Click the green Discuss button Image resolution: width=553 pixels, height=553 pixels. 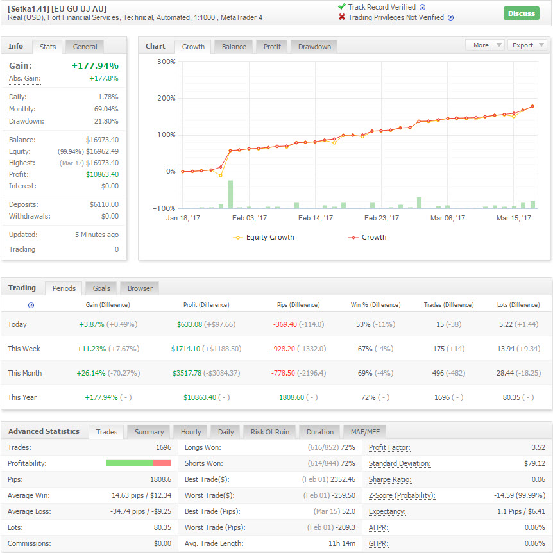pos(521,13)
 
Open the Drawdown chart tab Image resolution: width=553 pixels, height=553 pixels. pos(314,47)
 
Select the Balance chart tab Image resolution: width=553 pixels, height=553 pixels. pos(234,47)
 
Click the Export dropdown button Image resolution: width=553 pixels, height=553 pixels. pos(527,45)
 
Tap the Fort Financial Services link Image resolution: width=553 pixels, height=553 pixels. pos(83,18)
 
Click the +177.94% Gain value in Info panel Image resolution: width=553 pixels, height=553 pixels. pos(95,65)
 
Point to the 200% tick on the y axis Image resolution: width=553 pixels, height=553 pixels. pos(166,98)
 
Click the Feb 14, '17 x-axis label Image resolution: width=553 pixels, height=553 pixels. pos(316,218)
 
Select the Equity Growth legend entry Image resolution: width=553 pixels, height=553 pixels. pos(264,237)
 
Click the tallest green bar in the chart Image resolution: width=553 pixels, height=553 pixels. pos(230,194)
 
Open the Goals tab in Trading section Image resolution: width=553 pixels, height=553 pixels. pos(101,288)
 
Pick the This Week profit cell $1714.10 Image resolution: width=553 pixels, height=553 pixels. pos(185,349)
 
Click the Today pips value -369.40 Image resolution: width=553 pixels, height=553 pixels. pos(285,324)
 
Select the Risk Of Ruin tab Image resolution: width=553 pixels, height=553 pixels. pos(270,432)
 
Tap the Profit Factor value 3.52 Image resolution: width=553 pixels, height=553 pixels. pos(538,447)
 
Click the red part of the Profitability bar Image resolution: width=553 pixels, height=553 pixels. pos(162,463)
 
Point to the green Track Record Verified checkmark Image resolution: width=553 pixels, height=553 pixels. pos(341,6)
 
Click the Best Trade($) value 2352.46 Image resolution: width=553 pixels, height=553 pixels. pos(343,480)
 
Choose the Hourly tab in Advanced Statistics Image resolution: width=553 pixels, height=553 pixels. pos(191,432)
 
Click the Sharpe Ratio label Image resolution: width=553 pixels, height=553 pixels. pos(390,480)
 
